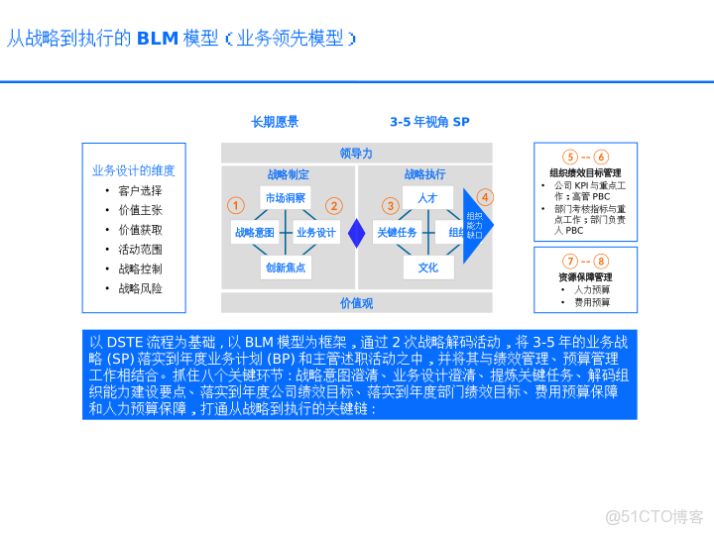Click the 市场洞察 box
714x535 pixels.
tap(286, 198)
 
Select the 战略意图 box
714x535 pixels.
tap(254, 233)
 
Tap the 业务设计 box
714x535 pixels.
tap(316, 233)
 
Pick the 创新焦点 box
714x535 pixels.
tap(286, 267)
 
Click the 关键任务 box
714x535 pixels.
tap(397, 233)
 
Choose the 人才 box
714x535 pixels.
tap(427, 198)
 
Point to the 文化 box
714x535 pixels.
tap(427, 267)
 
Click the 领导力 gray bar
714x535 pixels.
tap(356, 153)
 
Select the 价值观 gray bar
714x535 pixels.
tap(356, 303)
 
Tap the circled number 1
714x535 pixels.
tap(235, 206)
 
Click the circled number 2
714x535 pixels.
tap(334, 206)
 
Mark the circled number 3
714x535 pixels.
tap(391, 206)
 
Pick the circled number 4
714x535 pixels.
tap(485, 197)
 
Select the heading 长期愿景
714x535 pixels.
tap(275, 122)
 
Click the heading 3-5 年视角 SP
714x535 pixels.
tap(429, 122)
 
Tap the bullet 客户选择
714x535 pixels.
tap(140, 190)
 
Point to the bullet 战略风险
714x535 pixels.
tap(140, 288)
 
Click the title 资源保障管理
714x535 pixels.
tap(585, 277)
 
